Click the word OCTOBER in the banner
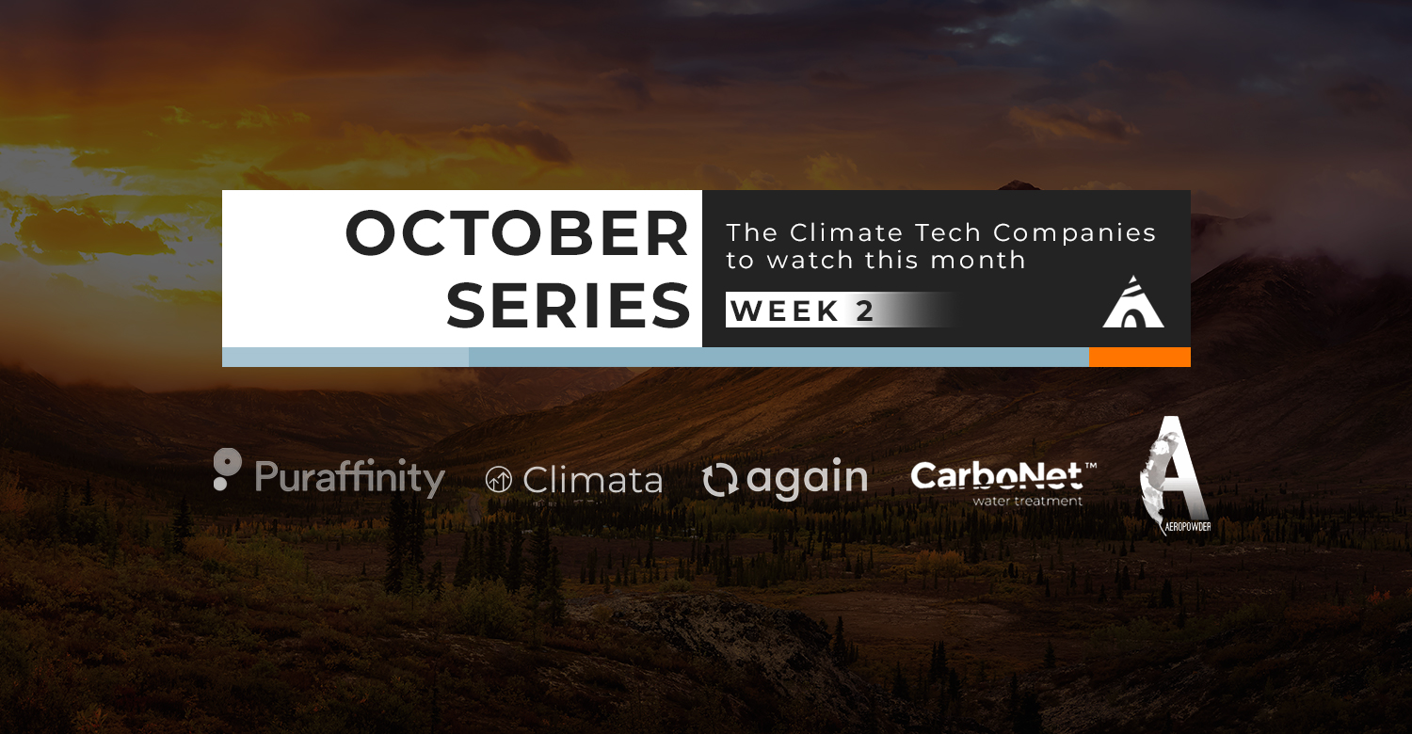[517, 233]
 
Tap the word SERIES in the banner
[568, 306]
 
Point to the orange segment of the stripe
[1140, 357]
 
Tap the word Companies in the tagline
[1075, 233]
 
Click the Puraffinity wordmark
[350, 478]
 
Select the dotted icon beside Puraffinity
[227, 469]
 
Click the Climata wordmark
[592, 481]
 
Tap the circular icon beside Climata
[499, 480]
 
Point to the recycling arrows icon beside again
[720, 481]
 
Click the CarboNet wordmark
[997, 476]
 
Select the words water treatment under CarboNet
[1028, 502]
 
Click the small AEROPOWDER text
[1188, 527]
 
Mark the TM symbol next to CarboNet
[1090, 466]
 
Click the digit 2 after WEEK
[864, 311]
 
